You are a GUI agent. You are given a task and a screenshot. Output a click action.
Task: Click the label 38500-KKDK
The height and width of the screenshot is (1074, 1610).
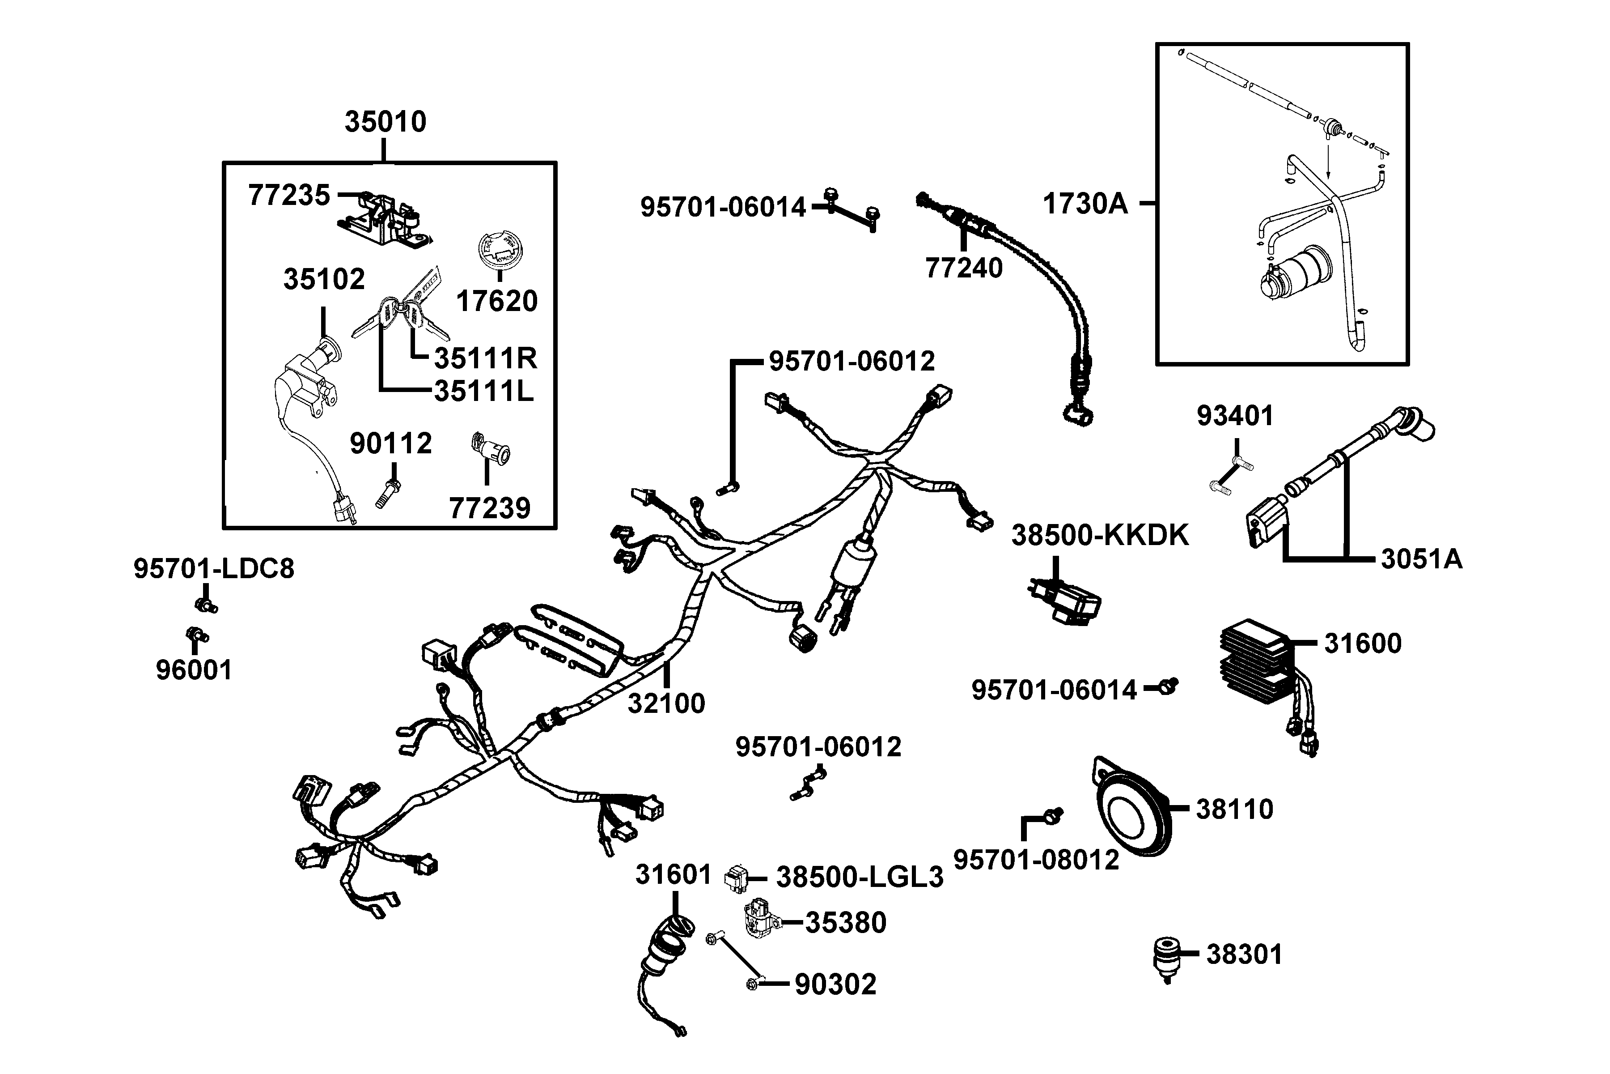pyautogui.click(x=1100, y=535)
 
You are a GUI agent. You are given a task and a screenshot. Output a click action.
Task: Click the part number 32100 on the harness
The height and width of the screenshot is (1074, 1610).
pyautogui.click(x=666, y=703)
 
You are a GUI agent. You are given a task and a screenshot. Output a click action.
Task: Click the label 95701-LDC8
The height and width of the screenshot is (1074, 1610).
pyautogui.click(x=214, y=568)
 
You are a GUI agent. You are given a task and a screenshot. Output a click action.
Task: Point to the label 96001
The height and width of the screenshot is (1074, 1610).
pyautogui.click(x=194, y=670)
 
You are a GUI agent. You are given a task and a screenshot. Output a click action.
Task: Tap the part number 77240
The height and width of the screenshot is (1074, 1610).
pyautogui.click(x=963, y=268)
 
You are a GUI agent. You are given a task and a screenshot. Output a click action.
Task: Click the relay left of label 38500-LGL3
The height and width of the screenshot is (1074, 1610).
pyautogui.click(x=736, y=878)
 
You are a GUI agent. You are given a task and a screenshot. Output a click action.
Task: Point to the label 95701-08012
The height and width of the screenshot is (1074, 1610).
pyautogui.click(x=1036, y=860)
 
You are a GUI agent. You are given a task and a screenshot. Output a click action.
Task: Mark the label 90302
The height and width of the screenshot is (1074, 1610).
pyautogui.click(x=835, y=984)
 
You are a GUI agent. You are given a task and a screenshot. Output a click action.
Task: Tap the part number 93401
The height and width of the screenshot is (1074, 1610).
pyautogui.click(x=1234, y=416)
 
